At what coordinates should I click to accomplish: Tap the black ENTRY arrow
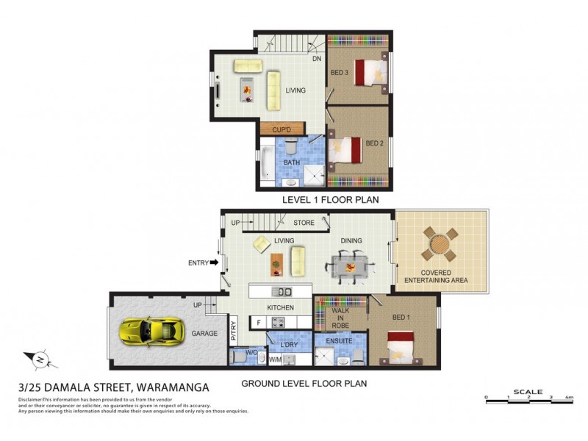(x=214, y=261)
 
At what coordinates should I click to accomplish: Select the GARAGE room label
(x=205, y=334)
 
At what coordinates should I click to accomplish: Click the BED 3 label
(x=339, y=72)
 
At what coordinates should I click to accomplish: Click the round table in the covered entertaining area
(x=440, y=244)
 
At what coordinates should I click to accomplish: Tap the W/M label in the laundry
(x=275, y=359)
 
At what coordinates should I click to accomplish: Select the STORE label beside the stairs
(x=304, y=222)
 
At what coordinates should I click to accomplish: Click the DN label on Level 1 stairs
(x=317, y=59)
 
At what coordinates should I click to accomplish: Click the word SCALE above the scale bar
(x=528, y=391)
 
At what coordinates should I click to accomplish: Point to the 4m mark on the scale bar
(x=568, y=398)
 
